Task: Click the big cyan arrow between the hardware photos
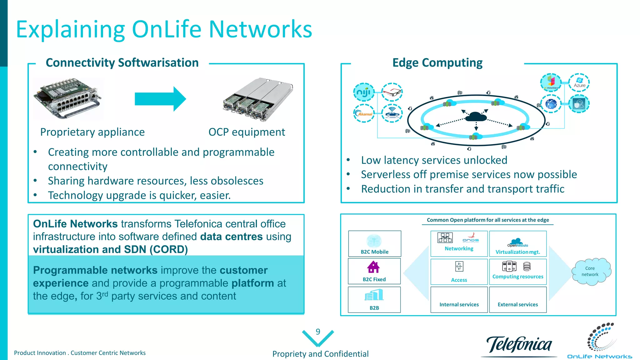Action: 160,99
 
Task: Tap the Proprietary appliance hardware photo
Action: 67,98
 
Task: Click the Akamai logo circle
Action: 364,113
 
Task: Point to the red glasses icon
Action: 392,92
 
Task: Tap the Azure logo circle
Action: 579,82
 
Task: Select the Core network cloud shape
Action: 590,271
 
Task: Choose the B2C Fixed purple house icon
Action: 373,267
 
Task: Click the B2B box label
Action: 374,308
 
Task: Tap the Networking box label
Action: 459,248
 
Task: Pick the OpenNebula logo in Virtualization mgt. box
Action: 517,242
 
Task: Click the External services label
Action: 517,304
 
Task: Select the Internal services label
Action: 459,304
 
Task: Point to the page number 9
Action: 318,332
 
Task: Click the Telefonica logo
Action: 519,345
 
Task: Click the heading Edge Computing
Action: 437,63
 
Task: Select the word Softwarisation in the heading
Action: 158,63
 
